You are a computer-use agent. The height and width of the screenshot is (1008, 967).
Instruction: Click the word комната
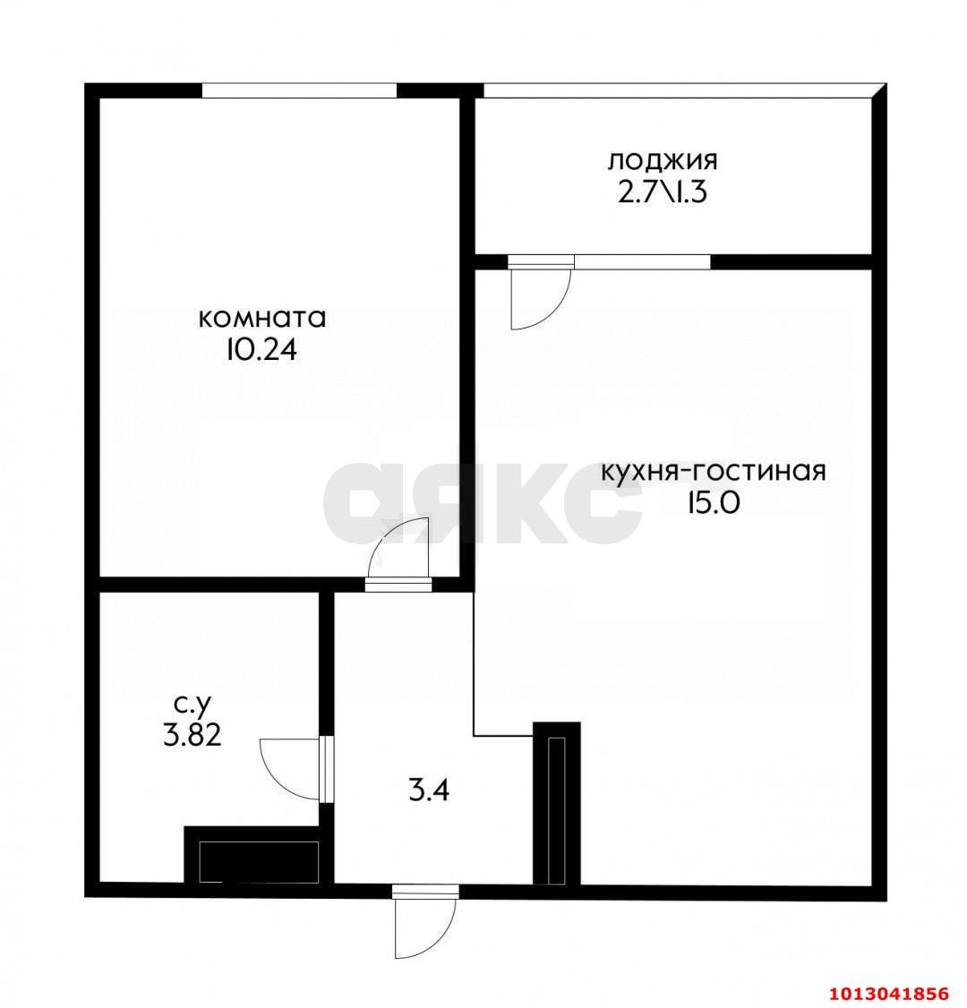click(261, 319)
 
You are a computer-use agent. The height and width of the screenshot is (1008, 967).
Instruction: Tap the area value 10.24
click(261, 349)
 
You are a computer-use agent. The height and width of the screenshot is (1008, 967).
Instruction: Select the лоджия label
click(663, 161)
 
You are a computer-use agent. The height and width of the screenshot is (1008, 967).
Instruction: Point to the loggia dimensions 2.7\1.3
click(663, 192)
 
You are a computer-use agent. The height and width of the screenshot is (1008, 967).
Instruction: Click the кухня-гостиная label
click(713, 472)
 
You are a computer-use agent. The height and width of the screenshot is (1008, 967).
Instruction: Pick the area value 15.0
click(713, 503)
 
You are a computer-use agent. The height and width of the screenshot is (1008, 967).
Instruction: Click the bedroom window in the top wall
click(299, 90)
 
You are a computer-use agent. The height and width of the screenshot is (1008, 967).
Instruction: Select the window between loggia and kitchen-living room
click(642, 261)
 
